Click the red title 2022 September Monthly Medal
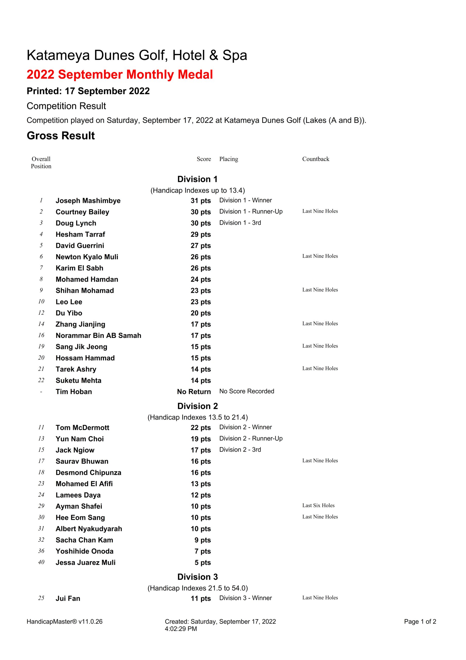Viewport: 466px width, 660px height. (120, 75)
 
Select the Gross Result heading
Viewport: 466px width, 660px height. (61, 136)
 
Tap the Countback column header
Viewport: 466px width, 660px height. (316, 159)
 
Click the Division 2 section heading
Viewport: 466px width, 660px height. (197, 406)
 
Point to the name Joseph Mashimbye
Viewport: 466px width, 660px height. (88, 201)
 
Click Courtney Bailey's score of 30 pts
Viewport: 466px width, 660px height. (200, 212)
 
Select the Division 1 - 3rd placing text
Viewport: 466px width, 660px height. (240, 223)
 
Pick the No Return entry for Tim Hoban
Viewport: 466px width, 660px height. (194, 392)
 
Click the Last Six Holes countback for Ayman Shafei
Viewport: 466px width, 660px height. (318, 505)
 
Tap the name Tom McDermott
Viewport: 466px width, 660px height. (82, 427)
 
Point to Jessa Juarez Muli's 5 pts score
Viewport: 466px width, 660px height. (202, 563)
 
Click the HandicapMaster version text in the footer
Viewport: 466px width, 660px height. (64, 622)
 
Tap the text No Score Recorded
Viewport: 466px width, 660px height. (247, 391)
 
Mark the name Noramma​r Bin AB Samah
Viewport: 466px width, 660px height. (98, 335)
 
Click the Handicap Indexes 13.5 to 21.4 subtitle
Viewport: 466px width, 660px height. (197, 417)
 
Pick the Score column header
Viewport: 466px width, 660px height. (204, 159)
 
